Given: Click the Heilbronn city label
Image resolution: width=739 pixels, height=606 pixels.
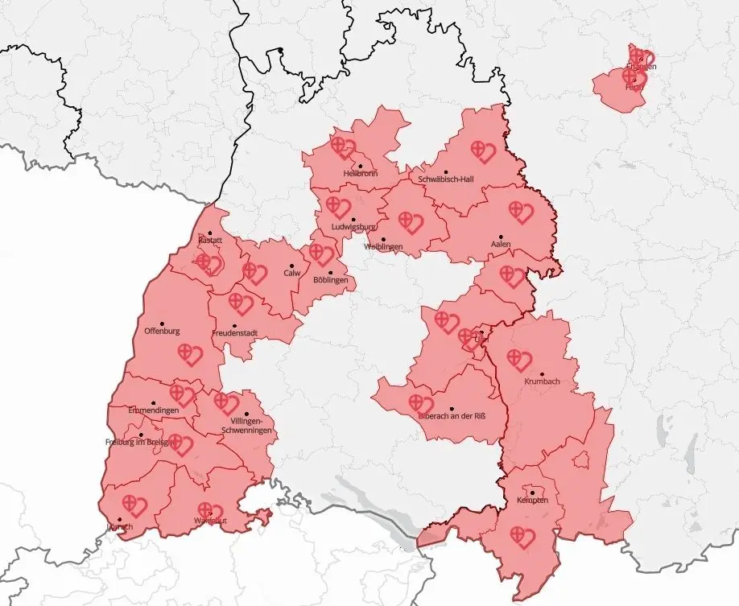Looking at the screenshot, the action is (x=359, y=173).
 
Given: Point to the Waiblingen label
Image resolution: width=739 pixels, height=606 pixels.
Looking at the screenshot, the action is (x=383, y=246).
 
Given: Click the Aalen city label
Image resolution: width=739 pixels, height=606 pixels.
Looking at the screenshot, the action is (x=501, y=244).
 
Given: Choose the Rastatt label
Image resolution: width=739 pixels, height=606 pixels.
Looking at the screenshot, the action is (x=210, y=241).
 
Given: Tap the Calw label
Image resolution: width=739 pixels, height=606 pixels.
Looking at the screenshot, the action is (x=291, y=273).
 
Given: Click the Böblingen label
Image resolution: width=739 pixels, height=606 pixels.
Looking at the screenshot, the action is (x=332, y=280).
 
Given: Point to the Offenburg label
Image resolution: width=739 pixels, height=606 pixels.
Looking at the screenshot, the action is (x=162, y=331).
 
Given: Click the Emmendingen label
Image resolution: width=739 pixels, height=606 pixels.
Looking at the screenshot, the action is (x=154, y=410).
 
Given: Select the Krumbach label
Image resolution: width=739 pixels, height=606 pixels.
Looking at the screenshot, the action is (x=542, y=381).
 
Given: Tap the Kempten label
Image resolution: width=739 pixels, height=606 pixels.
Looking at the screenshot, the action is (x=532, y=501).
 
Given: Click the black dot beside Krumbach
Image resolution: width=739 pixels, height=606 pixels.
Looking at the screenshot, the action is (x=543, y=373).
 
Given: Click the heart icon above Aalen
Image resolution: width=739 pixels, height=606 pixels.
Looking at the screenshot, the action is (x=521, y=212).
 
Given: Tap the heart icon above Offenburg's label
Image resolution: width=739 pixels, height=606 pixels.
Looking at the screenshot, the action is (x=189, y=354).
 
